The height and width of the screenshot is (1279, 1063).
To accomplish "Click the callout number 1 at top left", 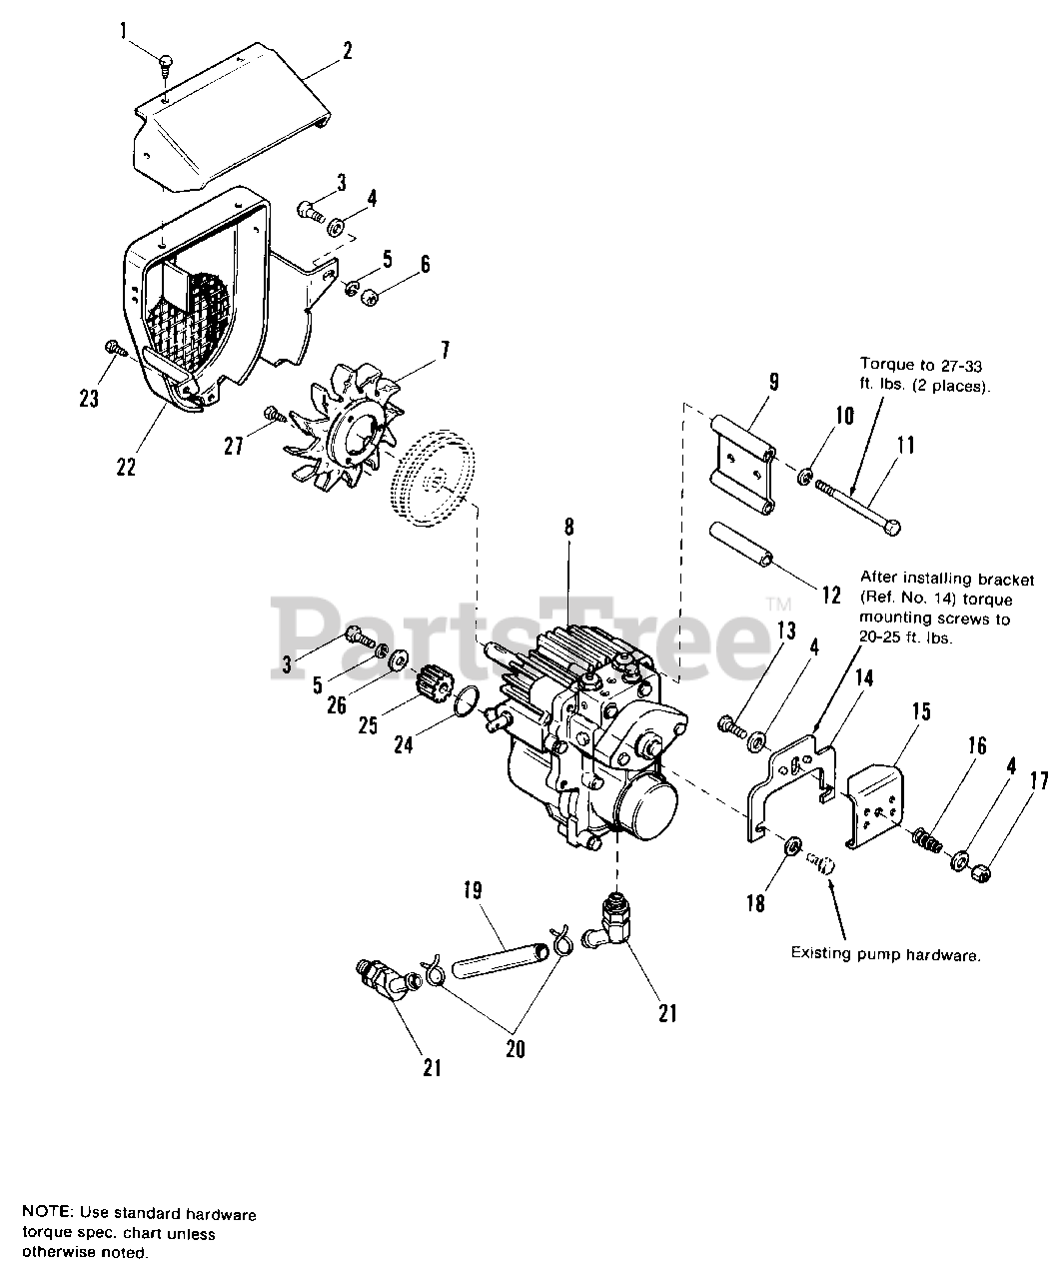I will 125,31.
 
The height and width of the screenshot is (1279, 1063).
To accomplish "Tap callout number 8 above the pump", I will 568,528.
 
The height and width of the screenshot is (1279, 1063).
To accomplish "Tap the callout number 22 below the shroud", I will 126,466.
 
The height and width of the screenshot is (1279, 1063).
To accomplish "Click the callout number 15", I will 921,711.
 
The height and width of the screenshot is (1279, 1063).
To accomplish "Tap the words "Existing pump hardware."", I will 885,954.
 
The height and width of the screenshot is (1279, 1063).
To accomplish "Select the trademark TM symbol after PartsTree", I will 778,604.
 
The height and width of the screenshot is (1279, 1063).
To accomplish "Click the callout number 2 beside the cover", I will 347,50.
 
